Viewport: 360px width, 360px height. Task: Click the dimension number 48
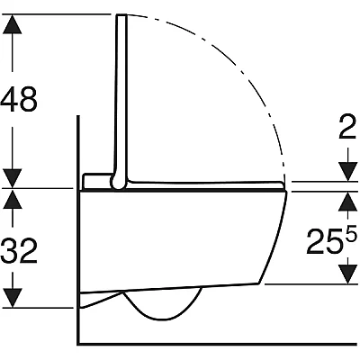click(19, 99)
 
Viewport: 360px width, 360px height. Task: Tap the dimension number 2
click(347, 127)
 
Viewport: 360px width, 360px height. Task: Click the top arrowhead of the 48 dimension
click(13, 23)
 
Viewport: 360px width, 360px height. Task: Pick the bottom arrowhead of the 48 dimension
click(13, 178)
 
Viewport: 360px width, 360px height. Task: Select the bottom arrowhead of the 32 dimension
click(13, 298)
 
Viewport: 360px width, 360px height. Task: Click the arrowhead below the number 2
click(348, 172)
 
